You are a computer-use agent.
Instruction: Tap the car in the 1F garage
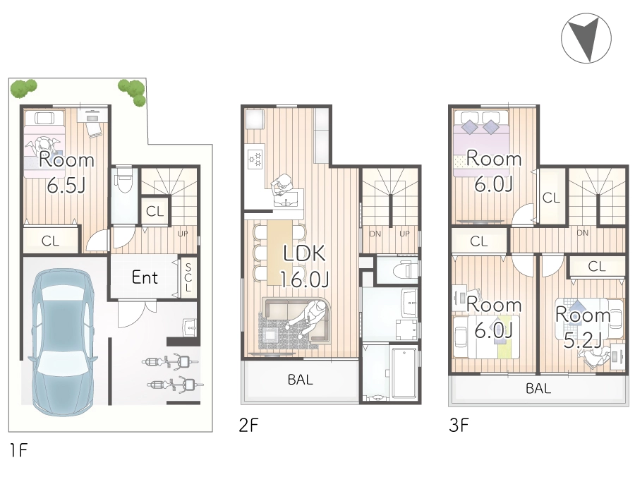(64, 342)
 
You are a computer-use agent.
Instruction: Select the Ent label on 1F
(145, 277)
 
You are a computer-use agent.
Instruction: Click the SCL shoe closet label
(188, 277)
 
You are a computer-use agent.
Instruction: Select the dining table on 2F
(279, 252)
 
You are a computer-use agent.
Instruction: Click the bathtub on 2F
(404, 372)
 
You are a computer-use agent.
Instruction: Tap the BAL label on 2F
(300, 380)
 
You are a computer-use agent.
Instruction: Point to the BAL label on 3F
(538, 388)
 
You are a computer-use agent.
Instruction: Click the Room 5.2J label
(583, 327)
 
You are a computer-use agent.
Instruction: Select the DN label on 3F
(582, 233)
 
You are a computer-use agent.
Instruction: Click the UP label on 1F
(183, 234)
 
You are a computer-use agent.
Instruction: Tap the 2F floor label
(248, 425)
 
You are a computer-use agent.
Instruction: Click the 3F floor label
(459, 425)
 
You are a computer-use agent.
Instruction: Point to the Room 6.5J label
(66, 172)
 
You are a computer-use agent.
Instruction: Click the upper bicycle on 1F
(171, 361)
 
